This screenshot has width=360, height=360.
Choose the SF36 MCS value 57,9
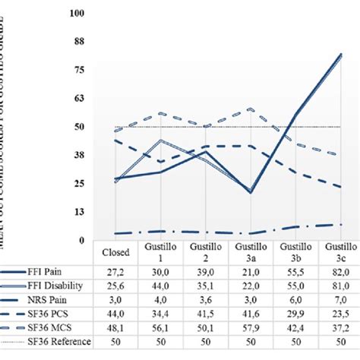click(249, 327)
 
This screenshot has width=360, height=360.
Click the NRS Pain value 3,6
click(204, 300)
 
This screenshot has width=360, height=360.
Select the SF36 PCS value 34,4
click(160, 314)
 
